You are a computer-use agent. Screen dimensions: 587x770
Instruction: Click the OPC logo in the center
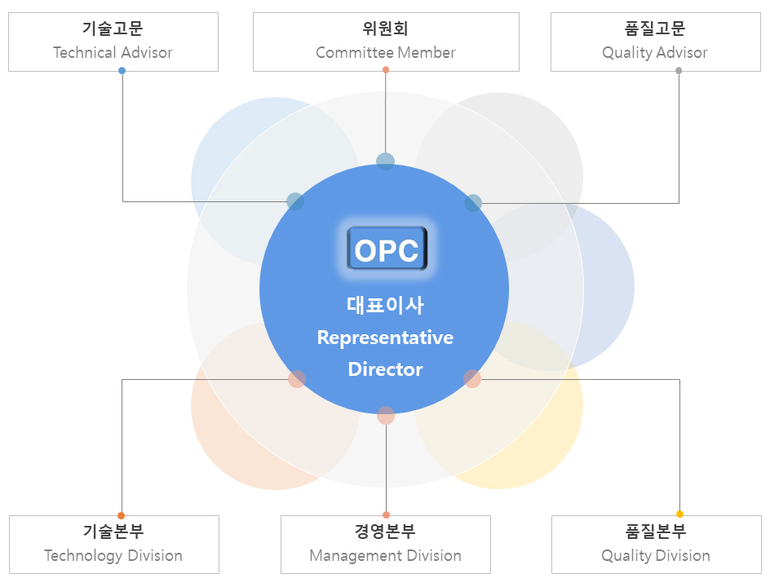(x=387, y=249)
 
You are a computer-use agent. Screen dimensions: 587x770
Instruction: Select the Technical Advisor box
(x=113, y=42)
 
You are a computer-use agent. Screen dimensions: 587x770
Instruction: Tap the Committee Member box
(x=386, y=42)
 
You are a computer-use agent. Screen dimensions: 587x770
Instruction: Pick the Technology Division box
(x=113, y=545)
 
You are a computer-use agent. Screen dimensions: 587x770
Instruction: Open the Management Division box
(x=386, y=545)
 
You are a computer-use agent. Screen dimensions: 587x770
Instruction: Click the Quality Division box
(x=656, y=545)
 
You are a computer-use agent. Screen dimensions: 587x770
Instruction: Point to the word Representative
(x=385, y=338)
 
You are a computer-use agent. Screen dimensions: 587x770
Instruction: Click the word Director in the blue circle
(x=385, y=369)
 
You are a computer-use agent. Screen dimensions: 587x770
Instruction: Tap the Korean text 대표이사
(x=385, y=306)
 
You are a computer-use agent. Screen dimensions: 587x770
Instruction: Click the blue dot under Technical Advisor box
(x=122, y=71)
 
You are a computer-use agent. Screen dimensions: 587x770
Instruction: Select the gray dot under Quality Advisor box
(x=679, y=71)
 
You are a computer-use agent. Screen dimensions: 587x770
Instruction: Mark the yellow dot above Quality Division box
(x=679, y=514)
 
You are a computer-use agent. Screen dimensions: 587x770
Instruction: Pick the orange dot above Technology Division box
(x=122, y=515)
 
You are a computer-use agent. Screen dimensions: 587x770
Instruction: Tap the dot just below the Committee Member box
(x=386, y=70)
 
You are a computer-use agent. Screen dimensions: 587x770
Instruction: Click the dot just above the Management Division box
(x=386, y=515)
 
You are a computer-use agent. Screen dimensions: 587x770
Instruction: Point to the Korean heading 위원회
(x=386, y=29)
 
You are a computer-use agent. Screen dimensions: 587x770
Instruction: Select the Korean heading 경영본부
(x=386, y=532)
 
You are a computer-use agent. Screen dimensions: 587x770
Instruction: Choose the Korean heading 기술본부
(x=113, y=532)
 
